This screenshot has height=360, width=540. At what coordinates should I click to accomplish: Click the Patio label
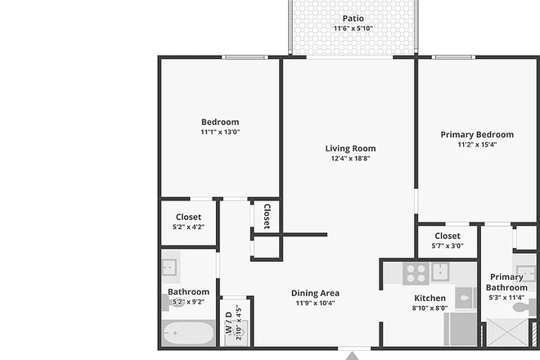pos(353,18)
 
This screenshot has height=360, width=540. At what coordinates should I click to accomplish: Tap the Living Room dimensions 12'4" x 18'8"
pos(351,159)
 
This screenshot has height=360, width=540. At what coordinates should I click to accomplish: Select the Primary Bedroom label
pos(477,134)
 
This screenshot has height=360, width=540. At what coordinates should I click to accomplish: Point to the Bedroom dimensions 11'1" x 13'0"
pos(219,132)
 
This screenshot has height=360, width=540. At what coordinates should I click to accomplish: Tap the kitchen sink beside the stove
pos(441,271)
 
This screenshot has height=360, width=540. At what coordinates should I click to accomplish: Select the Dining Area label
pos(315,293)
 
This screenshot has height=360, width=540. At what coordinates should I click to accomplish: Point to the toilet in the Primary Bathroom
pos(466,299)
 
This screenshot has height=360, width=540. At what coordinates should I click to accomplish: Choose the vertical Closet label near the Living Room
pos(267,216)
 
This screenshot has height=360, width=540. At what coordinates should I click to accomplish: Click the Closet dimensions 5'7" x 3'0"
pos(448,245)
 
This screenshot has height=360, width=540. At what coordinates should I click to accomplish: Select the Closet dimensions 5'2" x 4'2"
pos(189,227)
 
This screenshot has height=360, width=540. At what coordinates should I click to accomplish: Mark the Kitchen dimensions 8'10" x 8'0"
pos(430,308)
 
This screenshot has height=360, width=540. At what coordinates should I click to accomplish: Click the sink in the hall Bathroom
pos(170,268)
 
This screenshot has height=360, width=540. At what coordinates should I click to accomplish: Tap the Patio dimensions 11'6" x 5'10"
pos(353,29)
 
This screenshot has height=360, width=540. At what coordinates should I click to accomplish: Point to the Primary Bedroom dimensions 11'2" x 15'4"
pos(477,144)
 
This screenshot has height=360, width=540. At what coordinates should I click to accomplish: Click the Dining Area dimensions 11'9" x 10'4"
pos(315,303)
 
